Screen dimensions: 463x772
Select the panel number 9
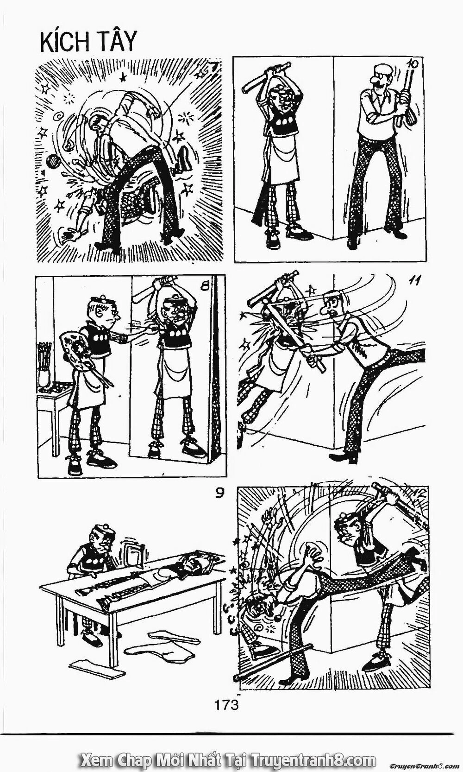[x=219, y=494]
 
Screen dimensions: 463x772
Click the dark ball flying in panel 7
[x=52, y=161]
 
